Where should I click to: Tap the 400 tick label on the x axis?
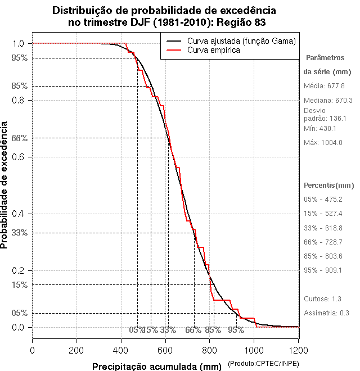click(121, 350)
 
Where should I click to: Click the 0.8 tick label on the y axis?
click(19, 100)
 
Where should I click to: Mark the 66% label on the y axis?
click(19, 138)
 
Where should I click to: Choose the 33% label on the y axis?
click(19, 232)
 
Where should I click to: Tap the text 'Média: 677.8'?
click(324, 86)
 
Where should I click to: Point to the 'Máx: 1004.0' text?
click(323, 142)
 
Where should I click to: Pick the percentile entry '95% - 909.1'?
click(323, 270)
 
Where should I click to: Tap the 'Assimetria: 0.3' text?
click(327, 313)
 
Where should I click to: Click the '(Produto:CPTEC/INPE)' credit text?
click(264, 364)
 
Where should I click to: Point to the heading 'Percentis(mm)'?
click(329, 185)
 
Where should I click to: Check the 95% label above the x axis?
click(236, 330)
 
